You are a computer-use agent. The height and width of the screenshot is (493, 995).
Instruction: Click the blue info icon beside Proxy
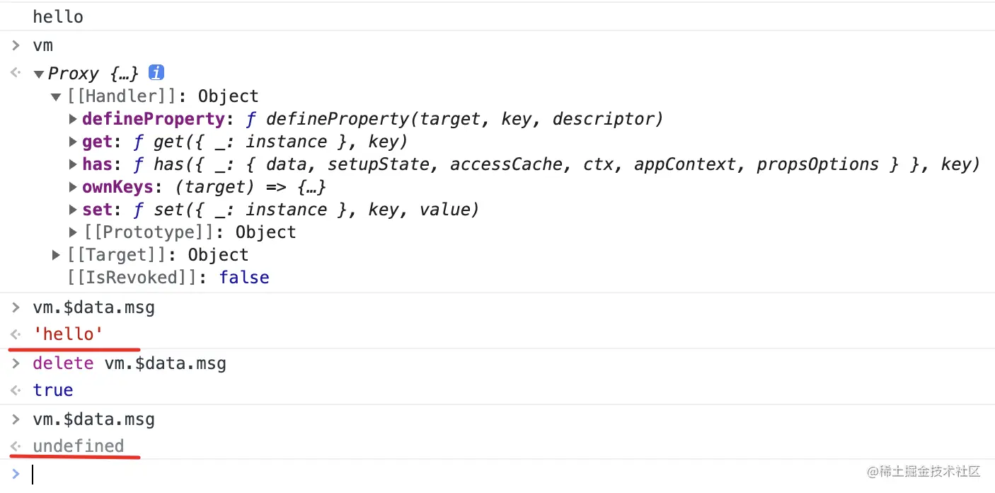coord(156,73)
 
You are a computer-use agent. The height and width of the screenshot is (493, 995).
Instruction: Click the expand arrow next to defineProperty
coord(73,119)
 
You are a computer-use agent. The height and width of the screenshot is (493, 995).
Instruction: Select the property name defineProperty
coord(153,119)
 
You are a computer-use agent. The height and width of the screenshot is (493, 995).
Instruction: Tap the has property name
coord(97,164)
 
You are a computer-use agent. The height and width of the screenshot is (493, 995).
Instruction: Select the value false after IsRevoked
coord(244,278)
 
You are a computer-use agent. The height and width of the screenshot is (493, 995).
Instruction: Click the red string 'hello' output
coord(68,334)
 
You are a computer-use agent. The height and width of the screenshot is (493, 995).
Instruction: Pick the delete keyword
coord(63,364)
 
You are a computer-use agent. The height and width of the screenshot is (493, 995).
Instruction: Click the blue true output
coord(53,390)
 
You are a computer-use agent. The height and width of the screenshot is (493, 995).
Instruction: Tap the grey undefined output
coord(78,446)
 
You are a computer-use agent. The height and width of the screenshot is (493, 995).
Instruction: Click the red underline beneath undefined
coord(74,458)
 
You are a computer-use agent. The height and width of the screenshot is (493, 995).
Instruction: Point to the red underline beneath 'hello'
coord(74,348)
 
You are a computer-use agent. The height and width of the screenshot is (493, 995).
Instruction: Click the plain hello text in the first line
coord(57,17)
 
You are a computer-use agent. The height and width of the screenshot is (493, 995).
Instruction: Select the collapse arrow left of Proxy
coord(38,74)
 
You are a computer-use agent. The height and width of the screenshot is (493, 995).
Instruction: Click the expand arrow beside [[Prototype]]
coord(73,232)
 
